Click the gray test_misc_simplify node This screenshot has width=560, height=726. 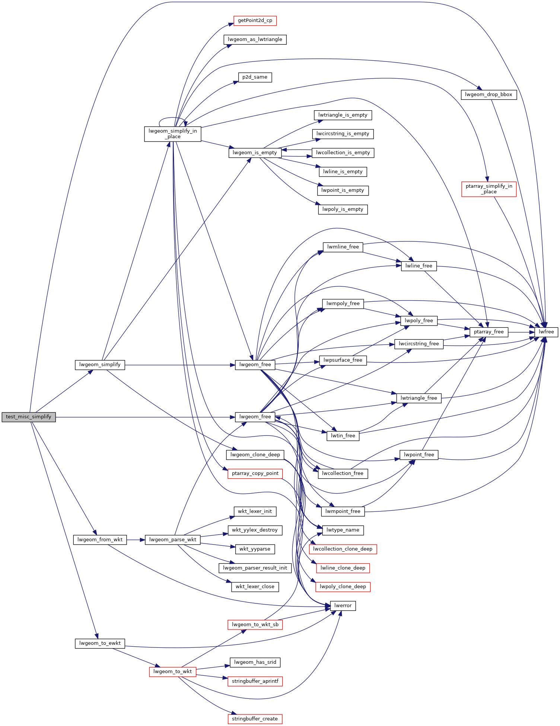pyautogui.click(x=29, y=417)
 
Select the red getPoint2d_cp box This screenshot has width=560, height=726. pyautogui.click(x=255, y=20)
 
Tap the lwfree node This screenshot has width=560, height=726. pyautogui.click(x=546, y=332)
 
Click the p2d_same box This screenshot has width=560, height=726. pyautogui.click(x=255, y=77)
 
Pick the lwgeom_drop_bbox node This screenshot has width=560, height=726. pyautogui.click(x=489, y=95)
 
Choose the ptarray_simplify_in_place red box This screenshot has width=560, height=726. pyautogui.click(x=489, y=189)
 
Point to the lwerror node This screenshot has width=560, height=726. pyautogui.click(x=343, y=606)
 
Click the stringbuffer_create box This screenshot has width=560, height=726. pyautogui.click(x=255, y=719)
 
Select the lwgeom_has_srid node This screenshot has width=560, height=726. pyautogui.click(x=255, y=662)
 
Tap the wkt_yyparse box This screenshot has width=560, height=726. pyautogui.click(x=255, y=549)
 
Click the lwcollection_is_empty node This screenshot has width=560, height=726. pyautogui.click(x=343, y=153)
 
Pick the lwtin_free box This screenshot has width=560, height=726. pyautogui.click(x=343, y=436)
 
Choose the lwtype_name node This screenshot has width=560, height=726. pyautogui.click(x=343, y=530)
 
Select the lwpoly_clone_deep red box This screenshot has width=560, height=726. pyautogui.click(x=343, y=587)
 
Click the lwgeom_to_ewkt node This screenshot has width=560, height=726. pyautogui.click(x=100, y=643)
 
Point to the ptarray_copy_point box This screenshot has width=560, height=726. pyautogui.click(x=255, y=473)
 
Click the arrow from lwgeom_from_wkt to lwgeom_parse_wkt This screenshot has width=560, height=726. pyautogui.click(x=136, y=540)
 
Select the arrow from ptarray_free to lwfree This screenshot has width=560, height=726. pyautogui.click(x=521, y=332)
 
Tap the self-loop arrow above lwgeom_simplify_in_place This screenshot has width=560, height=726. pyautogui.click(x=173, y=118)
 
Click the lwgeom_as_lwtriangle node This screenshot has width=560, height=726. pyautogui.click(x=255, y=39)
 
